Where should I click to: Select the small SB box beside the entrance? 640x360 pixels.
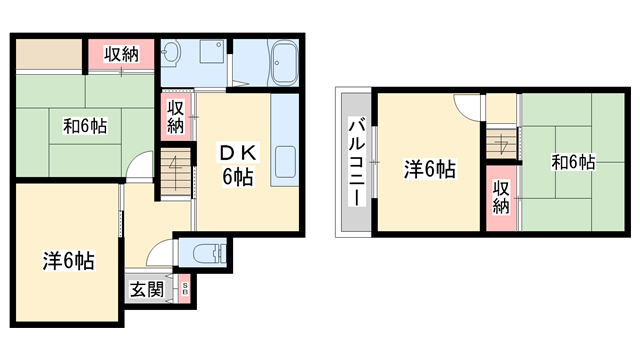(x=184, y=290)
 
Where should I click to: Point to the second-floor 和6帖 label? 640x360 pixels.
(x=572, y=161)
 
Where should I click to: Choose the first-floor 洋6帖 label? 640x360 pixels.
(x=68, y=261)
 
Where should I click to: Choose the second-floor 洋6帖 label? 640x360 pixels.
(x=430, y=169)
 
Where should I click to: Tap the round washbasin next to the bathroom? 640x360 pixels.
(x=171, y=54)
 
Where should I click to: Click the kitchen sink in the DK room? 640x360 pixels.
(x=284, y=160)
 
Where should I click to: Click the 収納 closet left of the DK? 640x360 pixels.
(x=175, y=116)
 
